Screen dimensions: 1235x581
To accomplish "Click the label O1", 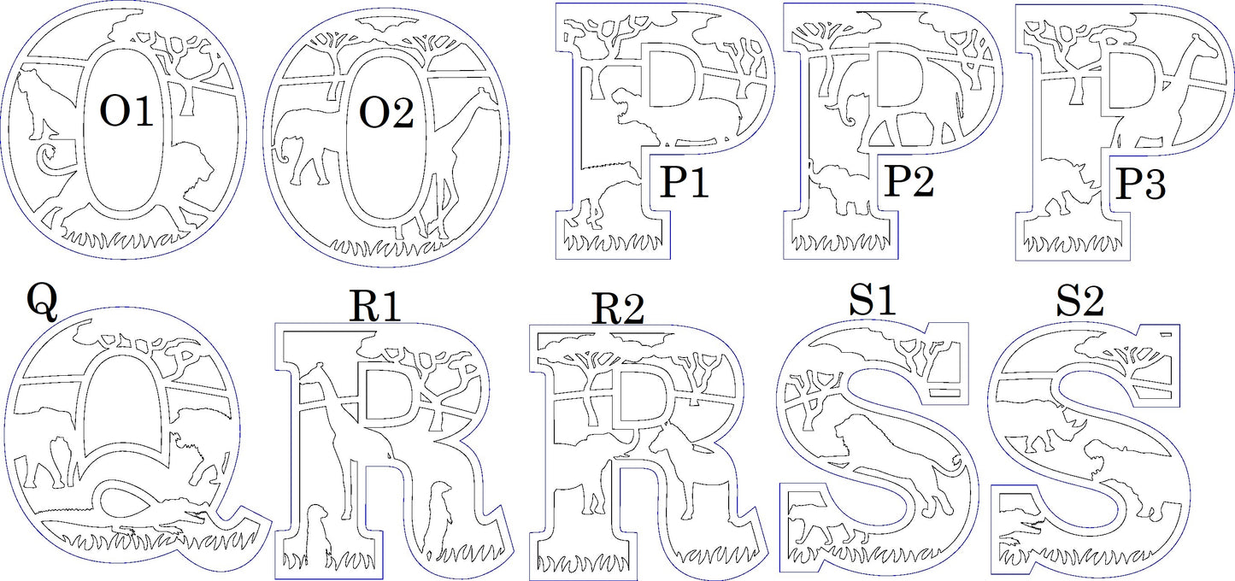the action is [126, 113].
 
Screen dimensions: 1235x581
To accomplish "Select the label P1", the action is [685, 183].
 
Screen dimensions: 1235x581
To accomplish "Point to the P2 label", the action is [909, 181].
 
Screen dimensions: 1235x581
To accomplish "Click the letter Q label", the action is [42, 302].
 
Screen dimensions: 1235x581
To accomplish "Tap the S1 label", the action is [873, 300].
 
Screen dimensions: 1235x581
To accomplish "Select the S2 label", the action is [1079, 302].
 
